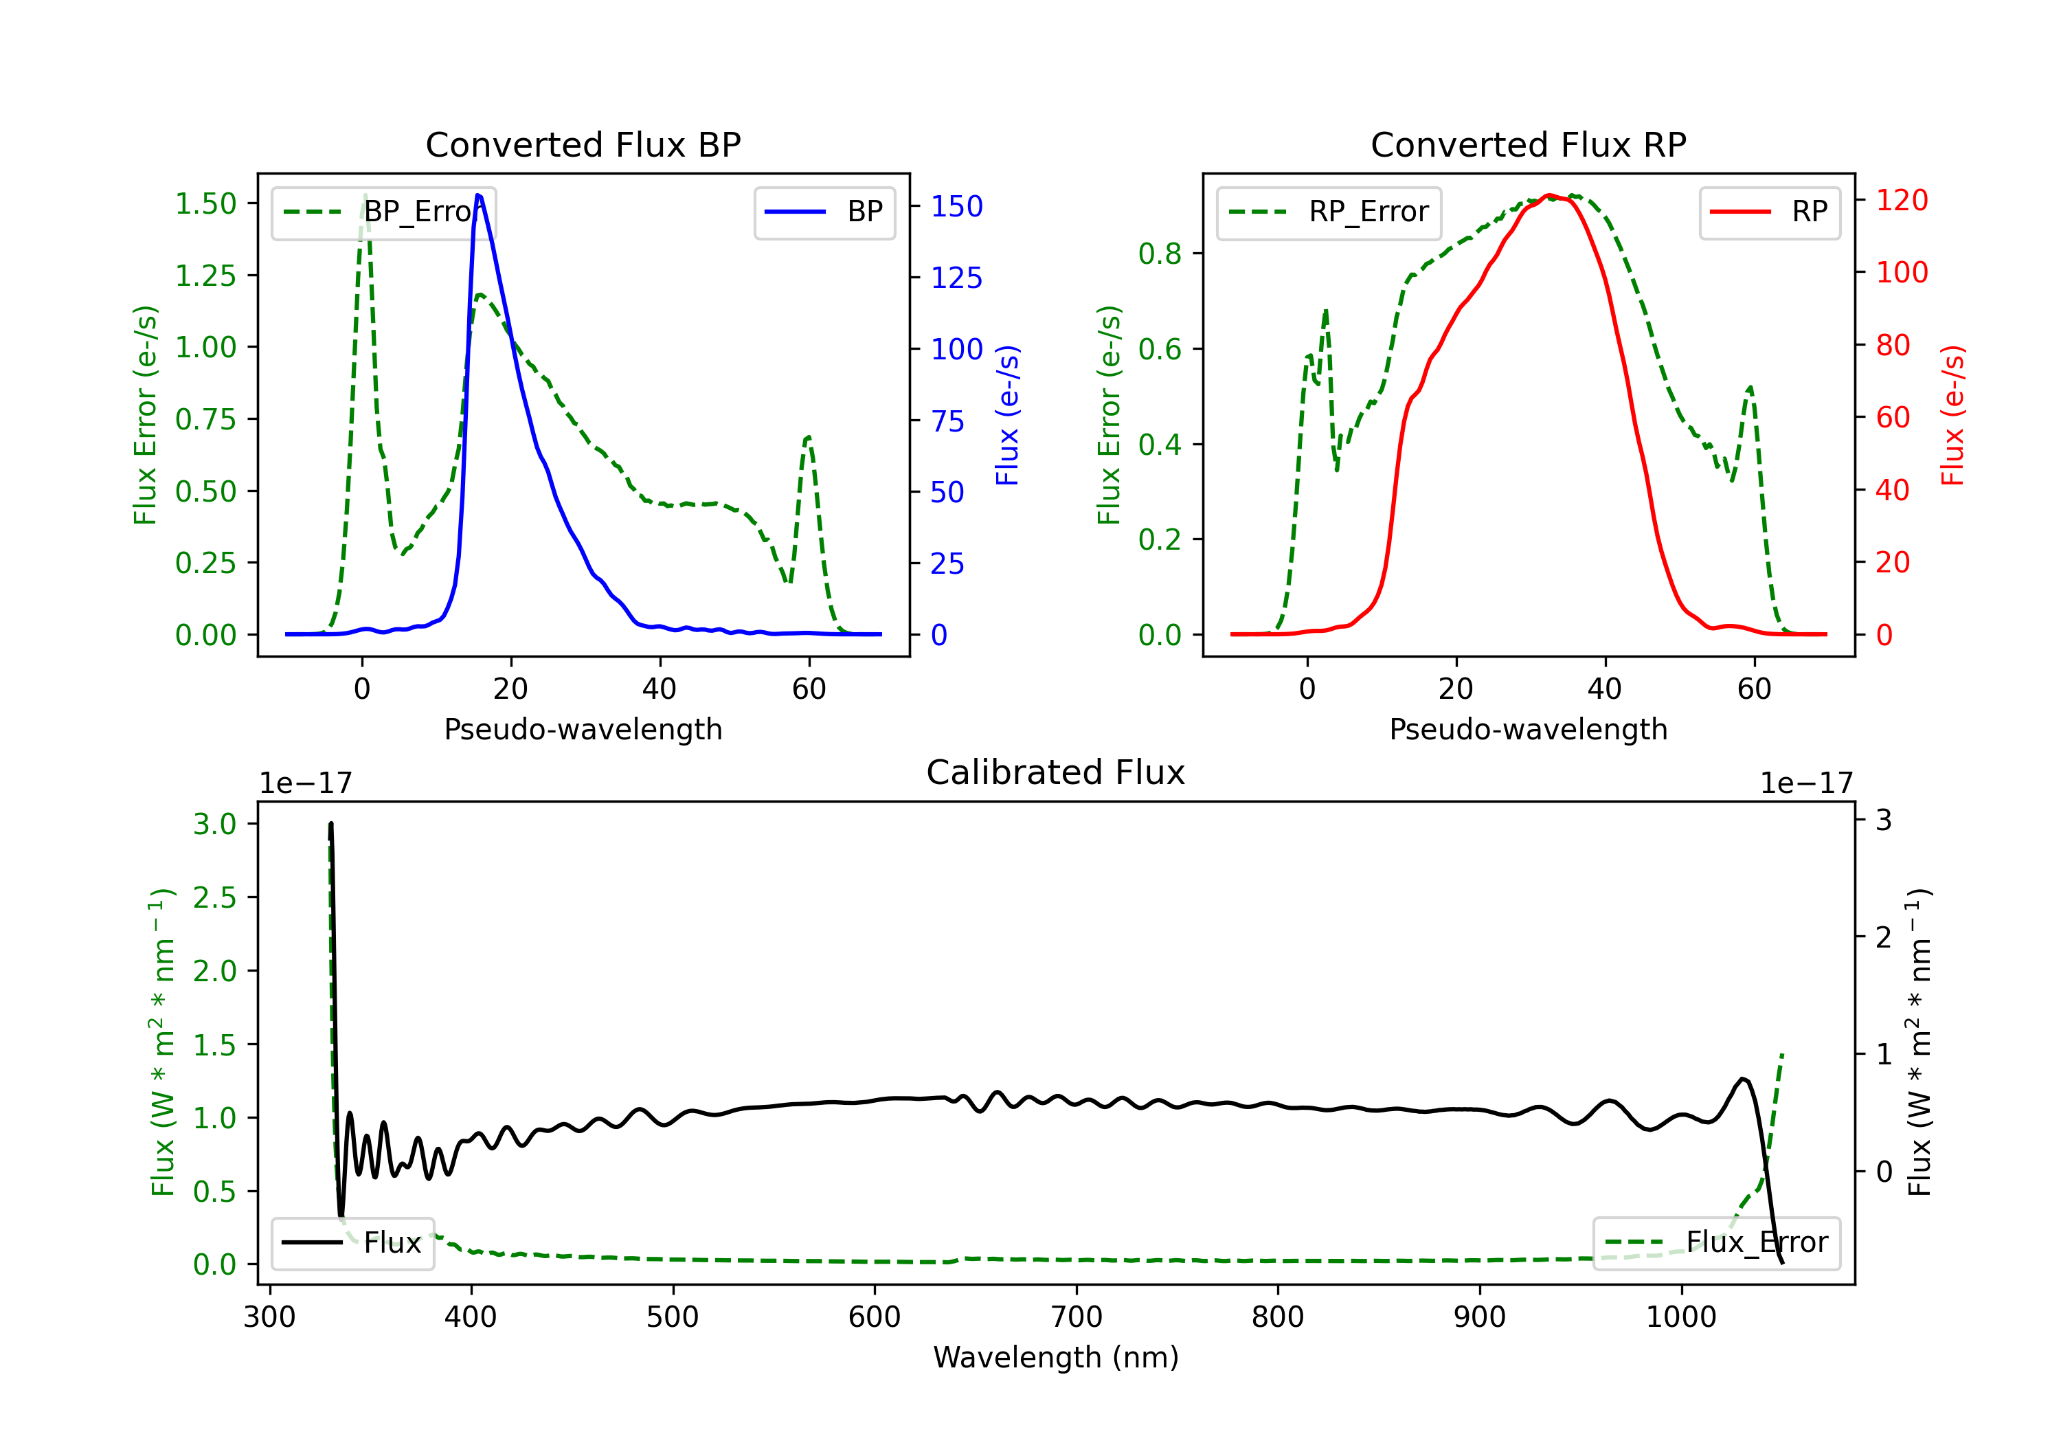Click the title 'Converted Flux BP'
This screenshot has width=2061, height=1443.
[583, 144]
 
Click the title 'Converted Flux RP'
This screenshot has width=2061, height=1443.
[1528, 144]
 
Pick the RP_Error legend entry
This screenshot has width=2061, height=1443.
[1329, 212]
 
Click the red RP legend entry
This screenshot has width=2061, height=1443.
[1769, 212]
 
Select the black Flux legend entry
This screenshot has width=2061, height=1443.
[353, 1243]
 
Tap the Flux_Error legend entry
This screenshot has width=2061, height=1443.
[1716, 1243]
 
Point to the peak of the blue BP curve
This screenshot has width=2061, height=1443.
[477, 195]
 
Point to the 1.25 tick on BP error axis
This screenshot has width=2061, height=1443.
[205, 276]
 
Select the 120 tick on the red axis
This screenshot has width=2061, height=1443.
[1901, 200]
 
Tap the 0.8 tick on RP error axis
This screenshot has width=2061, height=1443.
[1160, 254]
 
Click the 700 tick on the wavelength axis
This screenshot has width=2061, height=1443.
[1075, 1317]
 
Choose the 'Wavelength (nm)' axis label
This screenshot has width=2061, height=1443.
[1056, 1357]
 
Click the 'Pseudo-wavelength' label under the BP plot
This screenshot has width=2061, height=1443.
[583, 729]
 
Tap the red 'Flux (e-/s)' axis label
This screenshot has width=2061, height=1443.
[1953, 415]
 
